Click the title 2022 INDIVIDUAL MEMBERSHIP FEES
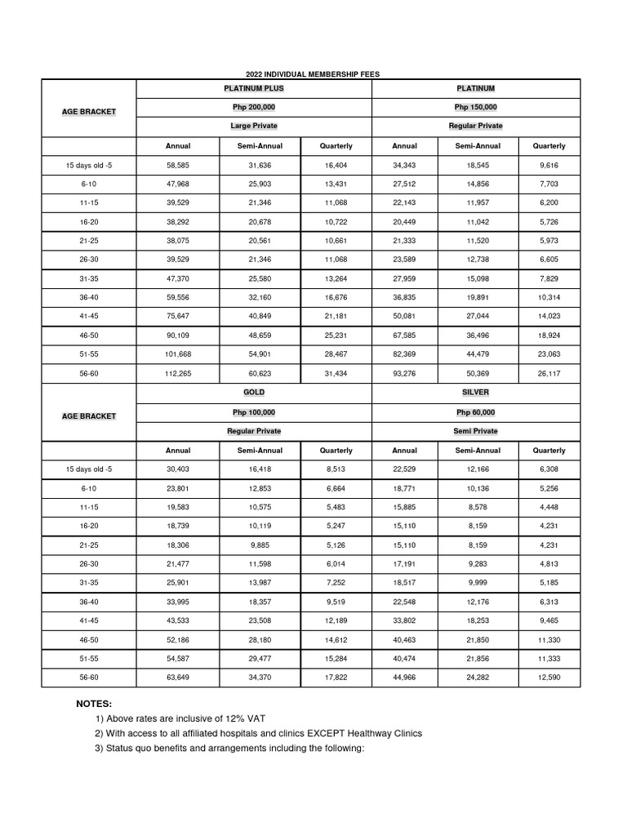pyautogui.click(x=313, y=74)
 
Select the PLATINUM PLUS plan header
pyautogui.click(x=254, y=88)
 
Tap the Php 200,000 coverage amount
pyautogui.click(x=254, y=107)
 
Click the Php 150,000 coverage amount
pyautogui.click(x=476, y=107)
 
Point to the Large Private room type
pyautogui.click(x=254, y=126)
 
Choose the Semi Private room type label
pyautogui.click(x=476, y=431)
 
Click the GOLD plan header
pyautogui.click(x=254, y=393)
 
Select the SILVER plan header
pyautogui.click(x=476, y=393)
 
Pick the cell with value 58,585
pyautogui.click(x=177, y=166)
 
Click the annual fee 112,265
pyautogui.click(x=177, y=373)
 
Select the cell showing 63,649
pyautogui.click(x=177, y=678)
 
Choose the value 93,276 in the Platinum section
pyautogui.click(x=404, y=373)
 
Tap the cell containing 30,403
pyautogui.click(x=177, y=469)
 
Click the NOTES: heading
pyautogui.click(x=94, y=704)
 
